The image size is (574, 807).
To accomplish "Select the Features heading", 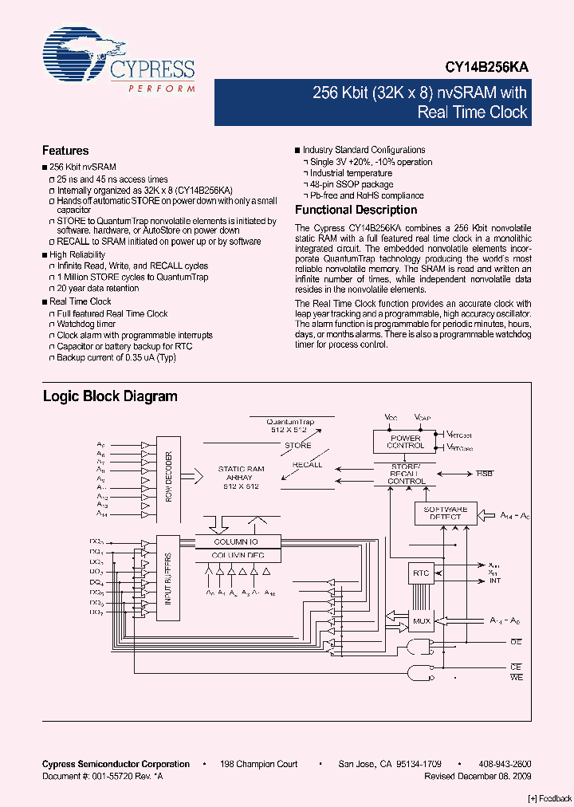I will (65, 151).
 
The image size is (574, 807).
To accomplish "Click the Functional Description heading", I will (356, 211).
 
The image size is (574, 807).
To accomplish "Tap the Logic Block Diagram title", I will (110, 396).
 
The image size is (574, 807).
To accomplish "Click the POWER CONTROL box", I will (405, 442).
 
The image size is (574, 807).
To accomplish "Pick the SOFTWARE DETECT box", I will (445, 513).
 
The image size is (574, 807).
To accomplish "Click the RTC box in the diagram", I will (421, 572).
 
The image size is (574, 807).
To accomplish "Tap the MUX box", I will (421, 620).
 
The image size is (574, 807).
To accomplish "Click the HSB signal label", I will (485, 473).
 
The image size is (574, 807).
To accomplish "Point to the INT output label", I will (495, 581).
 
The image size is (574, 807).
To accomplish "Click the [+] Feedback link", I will (550, 798).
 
